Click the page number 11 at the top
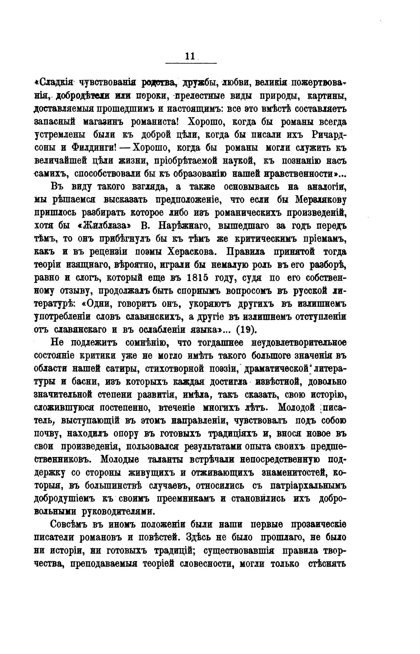click(190, 56)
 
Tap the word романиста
click(151, 122)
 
